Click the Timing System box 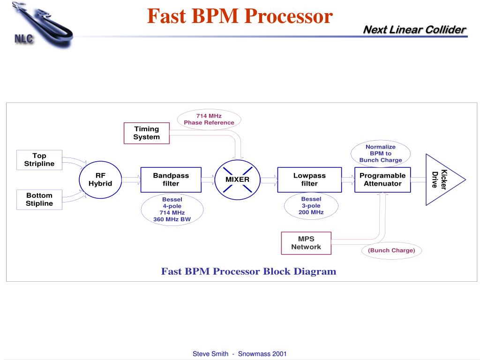tap(146, 133)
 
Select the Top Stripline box tap(39, 160)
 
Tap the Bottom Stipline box tap(39, 200)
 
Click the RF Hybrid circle tap(100, 180)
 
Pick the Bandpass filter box tap(171, 180)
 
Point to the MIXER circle tap(238, 180)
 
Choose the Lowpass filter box tap(309, 180)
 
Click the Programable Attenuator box tap(382, 180)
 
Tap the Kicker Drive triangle tap(441, 180)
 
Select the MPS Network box tap(306, 243)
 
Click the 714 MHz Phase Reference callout tap(209, 119)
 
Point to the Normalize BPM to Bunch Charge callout tap(381, 153)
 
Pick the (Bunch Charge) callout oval tap(391, 250)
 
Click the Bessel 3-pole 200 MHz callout tap(311, 206)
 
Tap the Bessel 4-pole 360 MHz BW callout tap(172, 209)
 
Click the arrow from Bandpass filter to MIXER tap(208, 179)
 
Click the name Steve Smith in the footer tap(210, 354)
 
